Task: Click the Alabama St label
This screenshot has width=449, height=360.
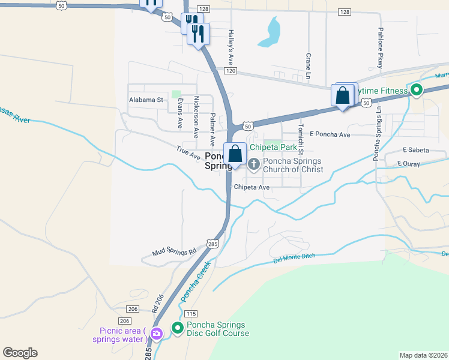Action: [146, 100]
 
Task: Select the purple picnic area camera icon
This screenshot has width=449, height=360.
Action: [157, 334]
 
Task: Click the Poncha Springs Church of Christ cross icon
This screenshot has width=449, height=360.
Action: [253, 163]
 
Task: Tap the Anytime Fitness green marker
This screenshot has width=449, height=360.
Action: [417, 91]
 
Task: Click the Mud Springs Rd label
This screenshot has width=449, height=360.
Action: [175, 253]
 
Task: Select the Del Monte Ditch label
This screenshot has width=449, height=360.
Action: [295, 257]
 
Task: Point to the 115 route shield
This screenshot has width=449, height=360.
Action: [191, 314]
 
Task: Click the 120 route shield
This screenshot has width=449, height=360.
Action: [231, 71]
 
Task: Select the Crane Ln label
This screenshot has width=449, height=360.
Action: [307, 67]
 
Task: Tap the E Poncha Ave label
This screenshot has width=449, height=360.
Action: [330, 135]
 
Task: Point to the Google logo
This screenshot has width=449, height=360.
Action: [20, 353]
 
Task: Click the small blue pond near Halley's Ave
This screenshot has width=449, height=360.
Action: [271, 32]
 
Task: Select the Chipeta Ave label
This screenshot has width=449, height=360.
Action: [252, 187]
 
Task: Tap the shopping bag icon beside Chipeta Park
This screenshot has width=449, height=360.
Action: [235, 154]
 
